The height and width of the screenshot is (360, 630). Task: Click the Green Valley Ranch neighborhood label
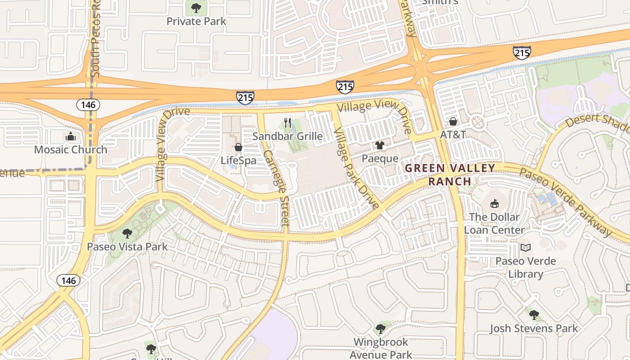(x=450, y=175)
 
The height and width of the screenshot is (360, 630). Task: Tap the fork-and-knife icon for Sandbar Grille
(x=288, y=122)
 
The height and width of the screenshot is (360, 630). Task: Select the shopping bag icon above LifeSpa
(x=238, y=147)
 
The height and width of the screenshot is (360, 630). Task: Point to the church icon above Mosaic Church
(x=71, y=136)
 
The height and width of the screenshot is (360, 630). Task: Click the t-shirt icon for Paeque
(x=380, y=145)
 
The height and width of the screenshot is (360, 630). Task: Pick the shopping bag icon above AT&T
(x=453, y=121)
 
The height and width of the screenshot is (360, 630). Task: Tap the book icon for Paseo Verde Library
(x=525, y=247)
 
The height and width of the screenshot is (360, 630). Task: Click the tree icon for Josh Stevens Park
(x=534, y=315)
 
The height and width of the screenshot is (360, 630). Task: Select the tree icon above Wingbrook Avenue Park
(x=380, y=328)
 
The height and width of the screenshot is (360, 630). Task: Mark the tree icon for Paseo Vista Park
(x=127, y=233)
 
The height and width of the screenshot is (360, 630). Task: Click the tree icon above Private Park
(x=196, y=8)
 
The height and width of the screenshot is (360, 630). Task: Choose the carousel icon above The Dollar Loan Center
(x=495, y=203)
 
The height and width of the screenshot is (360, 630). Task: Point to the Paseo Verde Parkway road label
(x=566, y=202)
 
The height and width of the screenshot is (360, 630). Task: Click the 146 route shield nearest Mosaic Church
(x=88, y=105)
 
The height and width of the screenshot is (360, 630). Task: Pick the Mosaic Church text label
(x=71, y=150)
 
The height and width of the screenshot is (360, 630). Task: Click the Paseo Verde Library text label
(x=526, y=267)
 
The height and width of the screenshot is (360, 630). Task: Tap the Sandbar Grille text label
(x=288, y=136)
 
